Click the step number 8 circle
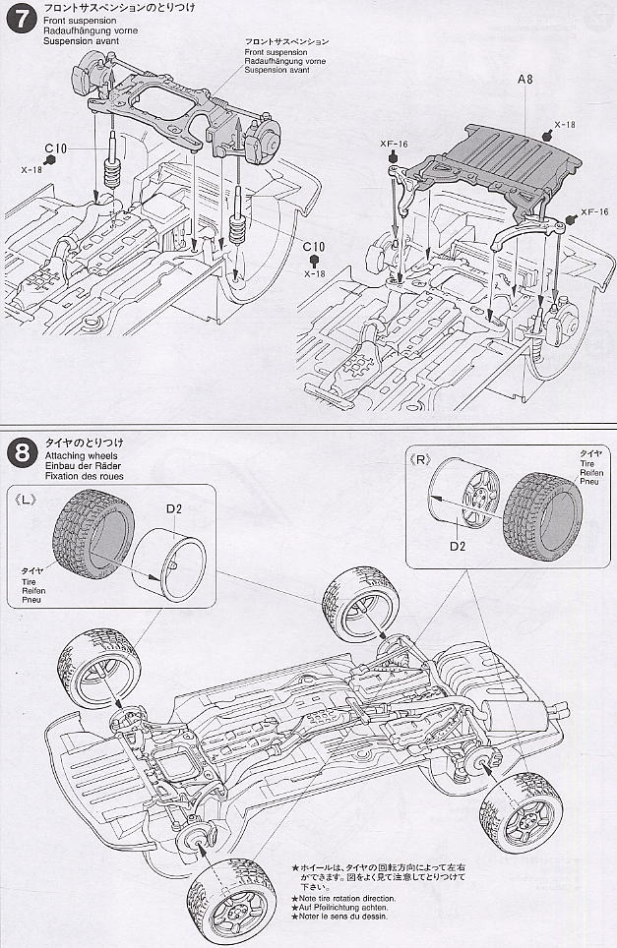click(x=20, y=452)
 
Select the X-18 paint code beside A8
click(x=564, y=125)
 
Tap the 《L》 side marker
click(x=27, y=499)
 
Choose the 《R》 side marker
click(x=418, y=458)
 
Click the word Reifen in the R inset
click(x=588, y=474)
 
